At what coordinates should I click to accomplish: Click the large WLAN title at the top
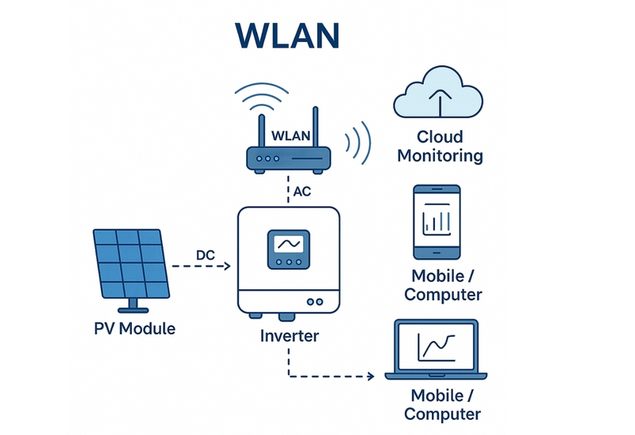[288, 35]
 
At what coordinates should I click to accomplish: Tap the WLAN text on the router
[291, 136]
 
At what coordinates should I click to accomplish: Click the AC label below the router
[302, 191]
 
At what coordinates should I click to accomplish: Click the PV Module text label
[134, 328]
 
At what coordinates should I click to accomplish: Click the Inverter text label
[289, 336]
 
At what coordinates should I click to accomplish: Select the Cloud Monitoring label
[440, 146]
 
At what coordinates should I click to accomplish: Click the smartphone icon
[437, 222]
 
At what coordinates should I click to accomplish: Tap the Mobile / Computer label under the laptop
[445, 404]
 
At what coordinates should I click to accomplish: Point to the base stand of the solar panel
[132, 307]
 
